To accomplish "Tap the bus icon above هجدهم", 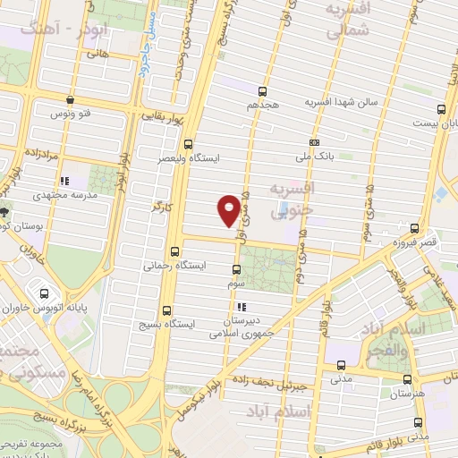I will pos(263,91).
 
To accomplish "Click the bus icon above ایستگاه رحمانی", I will pos(174,252).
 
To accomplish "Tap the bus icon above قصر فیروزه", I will pos(414,229).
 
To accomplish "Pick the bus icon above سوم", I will pos(236,269).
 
